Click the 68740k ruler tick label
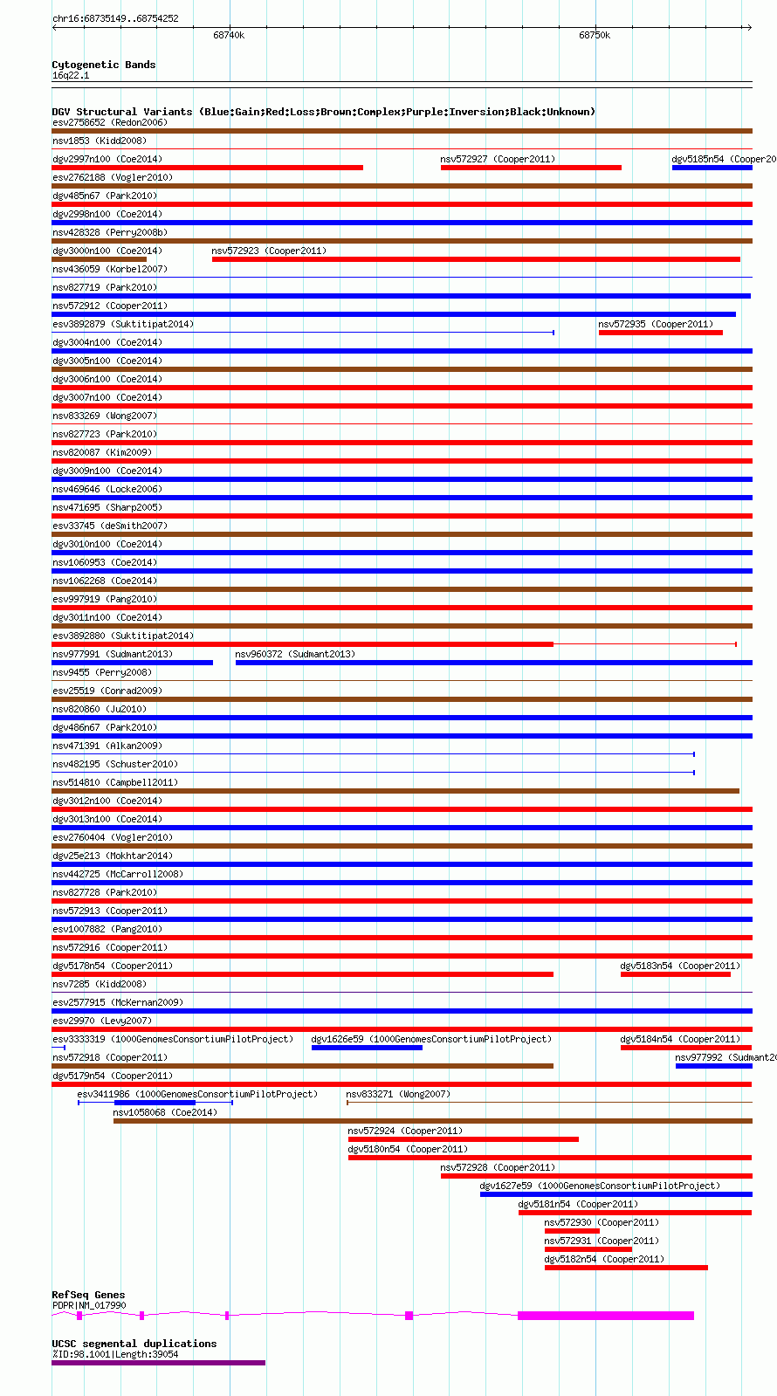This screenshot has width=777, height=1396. pos(229,35)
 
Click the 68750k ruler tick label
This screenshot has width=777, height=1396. pos(595,35)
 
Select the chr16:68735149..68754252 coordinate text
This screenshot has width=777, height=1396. pos(115,18)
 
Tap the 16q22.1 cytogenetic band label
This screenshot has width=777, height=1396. pos(71,75)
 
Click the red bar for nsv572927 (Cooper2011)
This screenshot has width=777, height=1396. pos(531,168)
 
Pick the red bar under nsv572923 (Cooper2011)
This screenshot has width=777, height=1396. pos(476,259)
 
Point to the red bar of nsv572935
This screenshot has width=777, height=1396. pos(660,333)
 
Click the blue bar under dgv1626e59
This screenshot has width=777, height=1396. pos(367,1048)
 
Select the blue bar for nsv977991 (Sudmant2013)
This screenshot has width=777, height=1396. pos(132,663)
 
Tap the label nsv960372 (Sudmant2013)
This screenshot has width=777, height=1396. pos(295,654)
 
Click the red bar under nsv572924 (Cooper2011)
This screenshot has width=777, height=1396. pos(463,1139)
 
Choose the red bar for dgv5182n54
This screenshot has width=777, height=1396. pos(626,1268)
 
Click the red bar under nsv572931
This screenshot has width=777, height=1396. pos(588,1249)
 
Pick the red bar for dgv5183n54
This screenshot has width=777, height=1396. pos(675,974)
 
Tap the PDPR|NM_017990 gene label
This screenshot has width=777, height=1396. pos(89,1305)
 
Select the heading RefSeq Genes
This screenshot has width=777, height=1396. pos(88,1295)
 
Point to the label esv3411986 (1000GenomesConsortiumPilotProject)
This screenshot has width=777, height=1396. pos(197,1094)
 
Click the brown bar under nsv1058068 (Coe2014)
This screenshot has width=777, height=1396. pos(432,1121)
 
